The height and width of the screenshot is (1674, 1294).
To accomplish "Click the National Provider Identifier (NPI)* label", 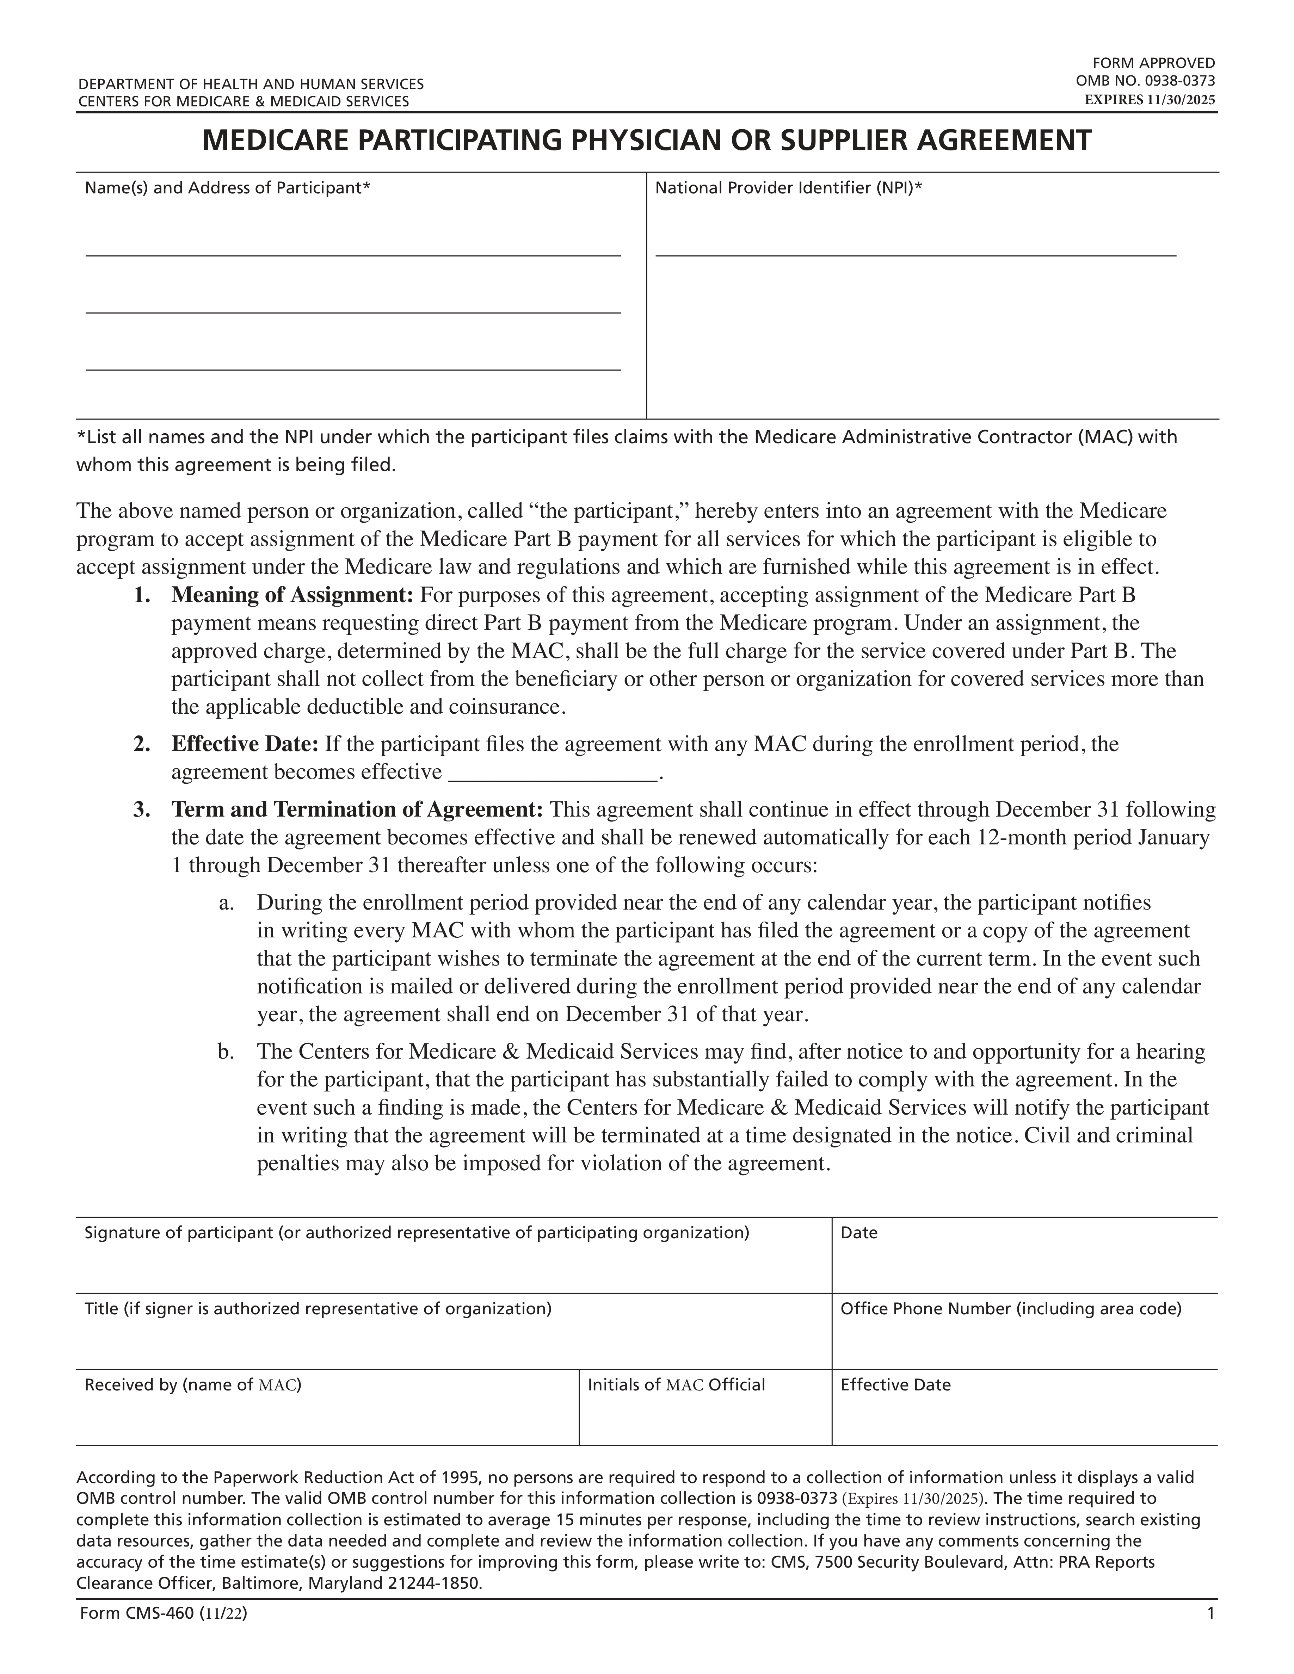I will [788, 188].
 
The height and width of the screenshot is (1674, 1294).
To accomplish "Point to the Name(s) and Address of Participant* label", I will [228, 188].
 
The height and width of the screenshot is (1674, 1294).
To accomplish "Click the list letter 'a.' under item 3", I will [226, 903].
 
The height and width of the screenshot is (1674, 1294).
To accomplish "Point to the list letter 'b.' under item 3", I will [226, 1052].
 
